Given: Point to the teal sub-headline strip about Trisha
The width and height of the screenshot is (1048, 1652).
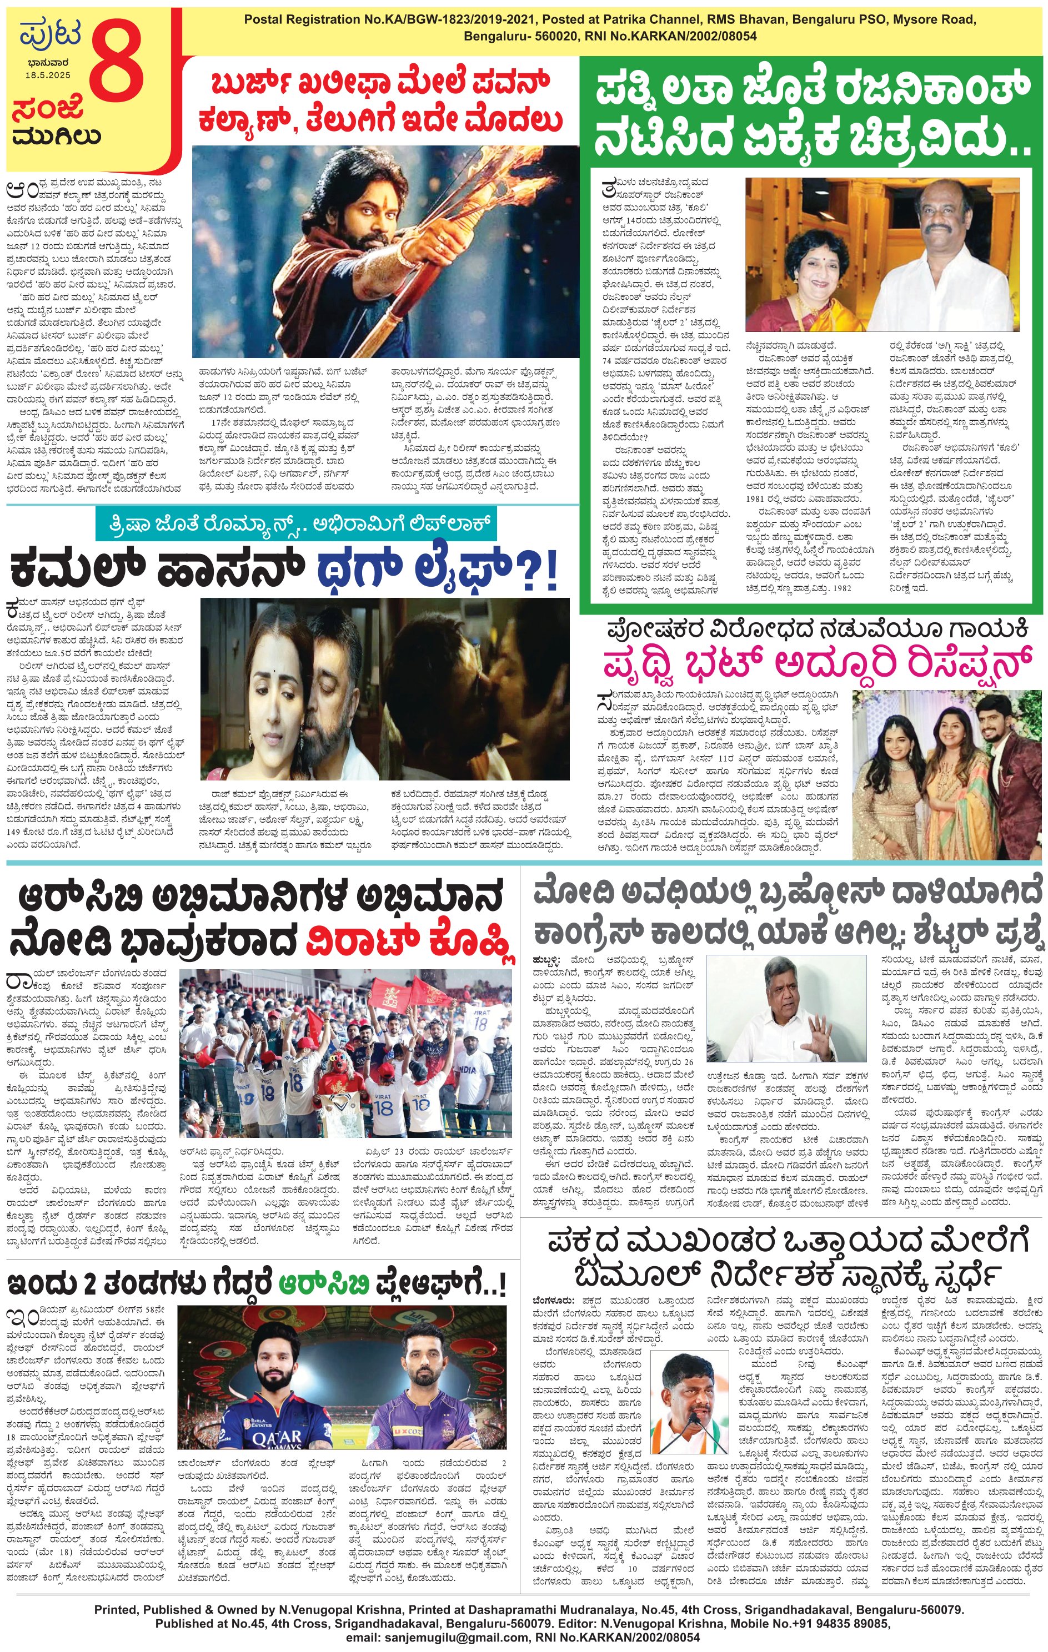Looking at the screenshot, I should tap(295, 524).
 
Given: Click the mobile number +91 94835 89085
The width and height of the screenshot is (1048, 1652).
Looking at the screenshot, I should tap(823, 1623).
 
